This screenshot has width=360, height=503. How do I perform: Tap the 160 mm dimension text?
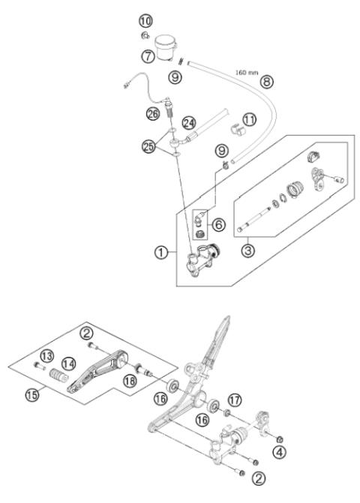tap(247, 73)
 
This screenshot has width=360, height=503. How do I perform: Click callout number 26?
tap(153, 113)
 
